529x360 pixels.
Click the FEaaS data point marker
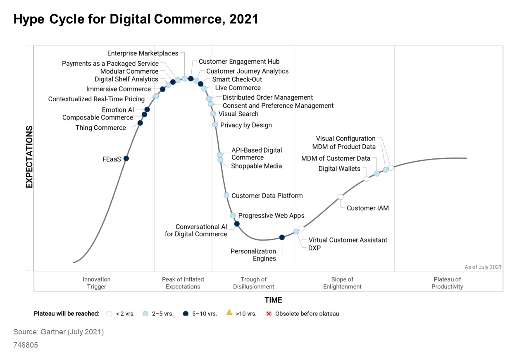click(x=126, y=158)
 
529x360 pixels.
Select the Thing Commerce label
click(x=100, y=128)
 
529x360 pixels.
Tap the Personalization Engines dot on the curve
click(x=282, y=237)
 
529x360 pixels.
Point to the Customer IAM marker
click(x=341, y=197)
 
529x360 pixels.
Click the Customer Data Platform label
click(x=267, y=195)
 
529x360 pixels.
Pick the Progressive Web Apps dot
click(x=233, y=215)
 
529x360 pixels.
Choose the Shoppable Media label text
click(x=256, y=166)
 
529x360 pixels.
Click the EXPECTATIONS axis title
click(x=29, y=157)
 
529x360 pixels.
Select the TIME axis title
click(x=273, y=300)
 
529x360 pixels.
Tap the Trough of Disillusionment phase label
click(x=253, y=283)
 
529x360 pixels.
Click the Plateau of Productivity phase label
click(x=447, y=283)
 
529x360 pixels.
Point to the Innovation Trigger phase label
click(x=96, y=283)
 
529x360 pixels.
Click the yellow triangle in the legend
click(x=229, y=312)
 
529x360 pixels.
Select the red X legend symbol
click(x=268, y=313)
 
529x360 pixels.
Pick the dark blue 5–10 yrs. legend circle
click(x=186, y=313)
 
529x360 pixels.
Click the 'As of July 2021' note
click(x=483, y=267)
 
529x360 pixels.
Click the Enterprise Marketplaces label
click(x=143, y=53)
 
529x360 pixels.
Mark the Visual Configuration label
click(x=346, y=138)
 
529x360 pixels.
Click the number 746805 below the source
click(x=26, y=345)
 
